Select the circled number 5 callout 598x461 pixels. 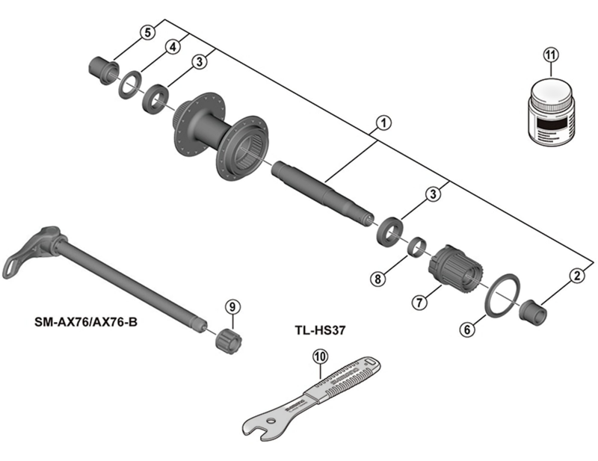[x=147, y=32]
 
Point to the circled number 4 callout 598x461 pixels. [x=173, y=47]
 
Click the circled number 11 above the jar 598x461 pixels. [x=551, y=55]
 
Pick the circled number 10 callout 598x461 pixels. [x=319, y=356]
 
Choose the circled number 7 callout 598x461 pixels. [x=419, y=302]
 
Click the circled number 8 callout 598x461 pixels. [x=378, y=279]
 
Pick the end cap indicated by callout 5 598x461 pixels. [x=102, y=67]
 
